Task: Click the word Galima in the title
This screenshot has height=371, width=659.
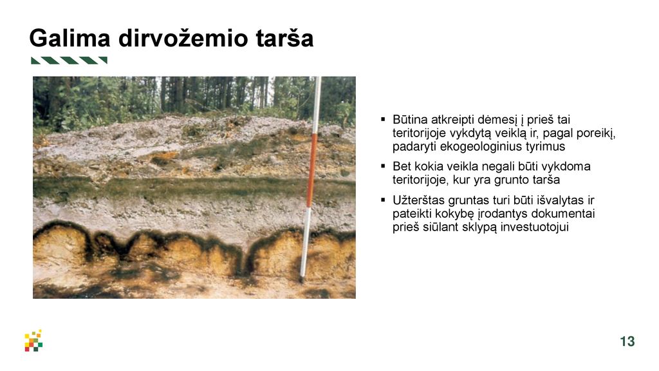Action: click(70, 38)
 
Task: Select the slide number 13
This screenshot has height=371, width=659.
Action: click(627, 341)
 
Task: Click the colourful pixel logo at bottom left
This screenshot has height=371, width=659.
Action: click(33, 340)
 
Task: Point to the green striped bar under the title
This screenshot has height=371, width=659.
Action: click(69, 60)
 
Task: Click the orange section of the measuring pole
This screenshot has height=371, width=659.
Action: click(312, 169)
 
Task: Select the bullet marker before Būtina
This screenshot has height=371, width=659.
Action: click(383, 119)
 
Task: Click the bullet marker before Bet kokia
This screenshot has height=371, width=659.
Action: click(383, 166)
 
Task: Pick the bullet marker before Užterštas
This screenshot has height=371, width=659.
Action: click(383, 200)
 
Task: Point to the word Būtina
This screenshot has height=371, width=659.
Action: click(410, 119)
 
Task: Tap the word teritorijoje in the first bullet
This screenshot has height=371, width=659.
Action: click(419, 133)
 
